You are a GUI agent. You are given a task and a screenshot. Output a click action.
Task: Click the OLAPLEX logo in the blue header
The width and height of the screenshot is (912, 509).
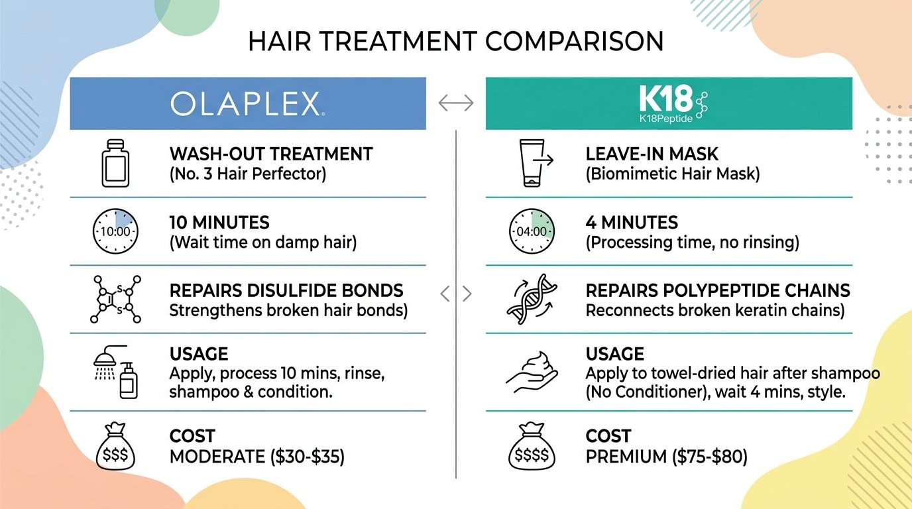247,104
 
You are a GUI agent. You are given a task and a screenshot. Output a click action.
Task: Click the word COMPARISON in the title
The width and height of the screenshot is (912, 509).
574,42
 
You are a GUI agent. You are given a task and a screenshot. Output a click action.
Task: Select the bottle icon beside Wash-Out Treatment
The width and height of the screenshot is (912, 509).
115,163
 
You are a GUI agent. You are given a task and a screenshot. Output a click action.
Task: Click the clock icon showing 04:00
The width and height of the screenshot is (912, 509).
530,231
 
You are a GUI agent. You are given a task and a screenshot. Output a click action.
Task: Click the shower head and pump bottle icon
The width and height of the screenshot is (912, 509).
117,372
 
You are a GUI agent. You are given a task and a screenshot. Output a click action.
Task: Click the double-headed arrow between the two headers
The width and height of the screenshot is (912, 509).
456,103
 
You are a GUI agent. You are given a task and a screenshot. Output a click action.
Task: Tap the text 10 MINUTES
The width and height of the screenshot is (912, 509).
219,222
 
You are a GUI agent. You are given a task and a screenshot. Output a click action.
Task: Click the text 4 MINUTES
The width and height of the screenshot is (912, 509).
632,222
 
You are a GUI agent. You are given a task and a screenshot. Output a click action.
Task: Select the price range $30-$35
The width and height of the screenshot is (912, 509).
304,457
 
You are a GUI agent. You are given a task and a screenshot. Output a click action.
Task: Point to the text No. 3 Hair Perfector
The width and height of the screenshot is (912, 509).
247,175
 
